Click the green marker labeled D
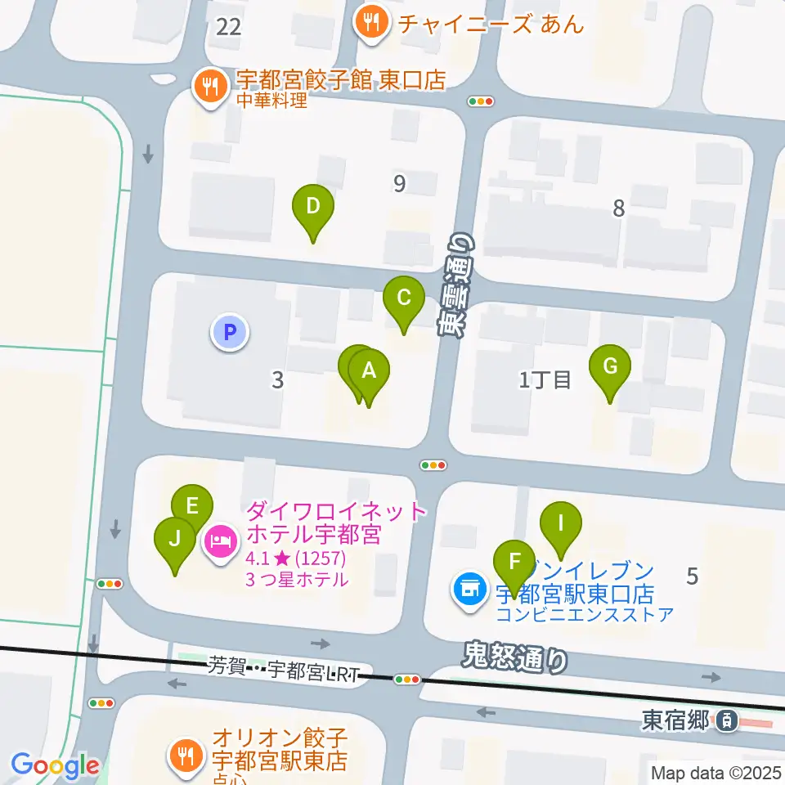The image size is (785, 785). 312,208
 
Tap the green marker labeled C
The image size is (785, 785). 404,298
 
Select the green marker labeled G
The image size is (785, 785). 610,367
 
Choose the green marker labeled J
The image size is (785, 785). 175,540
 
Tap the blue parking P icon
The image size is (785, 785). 230,332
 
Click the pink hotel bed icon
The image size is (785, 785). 220,541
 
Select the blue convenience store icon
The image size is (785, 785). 469,590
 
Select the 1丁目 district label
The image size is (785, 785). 545,379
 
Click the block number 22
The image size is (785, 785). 229,27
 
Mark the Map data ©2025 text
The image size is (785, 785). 716,773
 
